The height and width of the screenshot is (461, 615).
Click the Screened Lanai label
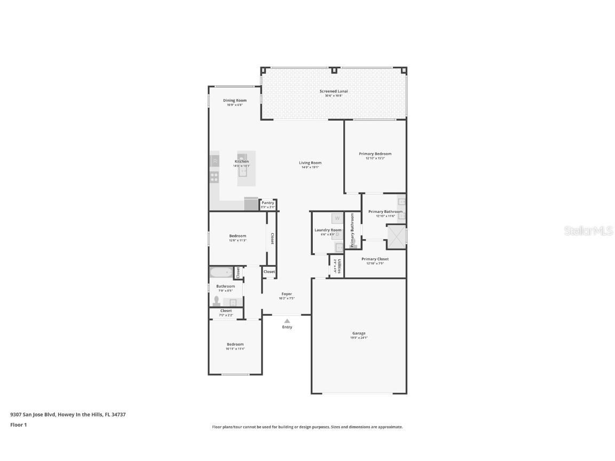pos(334,91)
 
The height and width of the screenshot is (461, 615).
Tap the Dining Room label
pos(235,100)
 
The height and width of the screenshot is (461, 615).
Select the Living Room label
pos(310,163)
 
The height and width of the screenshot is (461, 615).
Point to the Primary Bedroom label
pos(375,154)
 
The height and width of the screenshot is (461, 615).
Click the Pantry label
pos(267,203)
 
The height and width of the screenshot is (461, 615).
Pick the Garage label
pos(359,333)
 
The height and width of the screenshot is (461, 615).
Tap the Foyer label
pos(287,294)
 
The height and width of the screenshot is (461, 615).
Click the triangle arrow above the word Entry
pos(287,321)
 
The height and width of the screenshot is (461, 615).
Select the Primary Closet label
pos(375,259)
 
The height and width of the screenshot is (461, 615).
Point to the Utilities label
pos(338,266)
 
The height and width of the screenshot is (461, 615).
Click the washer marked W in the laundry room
pos(337,218)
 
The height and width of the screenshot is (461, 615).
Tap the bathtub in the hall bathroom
pos(220,273)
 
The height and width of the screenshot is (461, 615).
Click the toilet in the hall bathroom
pos(217,301)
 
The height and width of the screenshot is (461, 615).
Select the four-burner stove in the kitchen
pos(214,177)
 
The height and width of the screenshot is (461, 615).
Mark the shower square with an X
pos(396,237)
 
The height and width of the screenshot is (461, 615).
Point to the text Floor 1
pos(18,425)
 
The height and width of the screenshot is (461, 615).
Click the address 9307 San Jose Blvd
pos(33,414)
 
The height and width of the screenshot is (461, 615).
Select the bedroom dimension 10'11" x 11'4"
pos(235,349)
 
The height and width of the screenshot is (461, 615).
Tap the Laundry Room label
pos(328,230)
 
